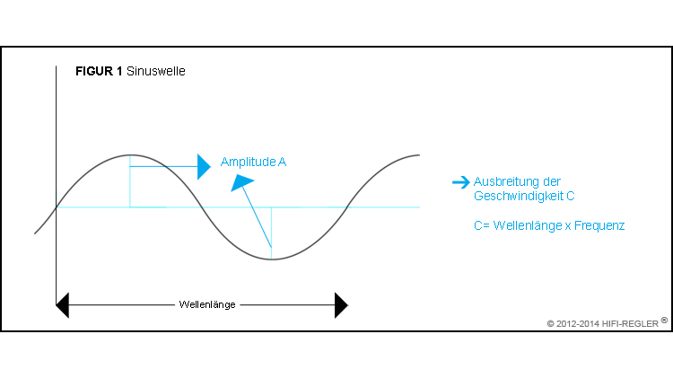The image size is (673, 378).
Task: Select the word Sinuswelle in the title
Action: [156, 71]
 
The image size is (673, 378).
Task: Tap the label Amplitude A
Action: [253, 163]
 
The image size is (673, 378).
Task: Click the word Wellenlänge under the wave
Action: [206, 305]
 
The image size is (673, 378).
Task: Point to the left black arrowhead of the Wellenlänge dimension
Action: [62, 305]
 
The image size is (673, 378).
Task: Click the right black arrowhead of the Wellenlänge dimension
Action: [341, 305]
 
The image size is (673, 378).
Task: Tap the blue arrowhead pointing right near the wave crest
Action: [204, 167]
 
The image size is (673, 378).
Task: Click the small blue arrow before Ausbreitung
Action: [460, 182]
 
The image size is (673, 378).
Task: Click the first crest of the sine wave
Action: [131, 155]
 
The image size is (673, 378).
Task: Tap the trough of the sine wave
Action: [271, 259]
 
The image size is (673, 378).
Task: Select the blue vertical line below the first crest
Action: [131, 184]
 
